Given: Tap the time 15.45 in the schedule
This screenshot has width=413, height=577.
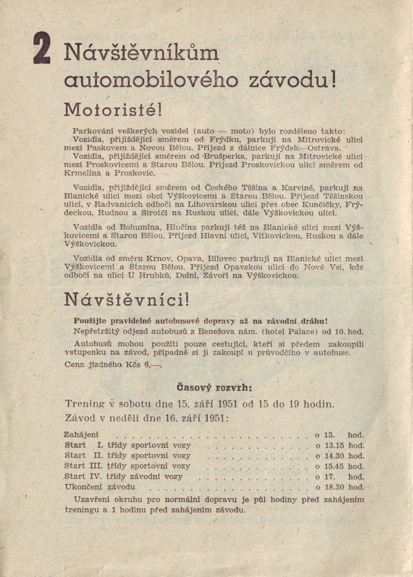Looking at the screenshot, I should point(335,466).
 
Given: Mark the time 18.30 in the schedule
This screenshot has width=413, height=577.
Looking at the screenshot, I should point(335,488).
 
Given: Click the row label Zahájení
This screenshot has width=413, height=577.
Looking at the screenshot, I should point(82,434).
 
